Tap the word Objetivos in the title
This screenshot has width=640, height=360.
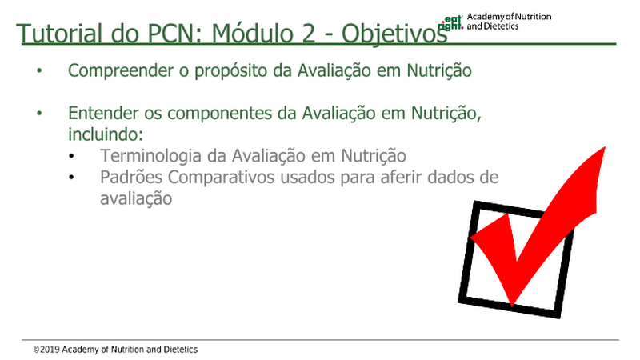click(394, 34)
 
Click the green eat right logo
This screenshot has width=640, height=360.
click(450, 23)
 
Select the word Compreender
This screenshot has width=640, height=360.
click(121, 70)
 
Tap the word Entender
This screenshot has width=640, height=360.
click(104, 113)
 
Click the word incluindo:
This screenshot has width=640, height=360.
click(106, 134)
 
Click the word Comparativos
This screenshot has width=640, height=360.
click(221, 178)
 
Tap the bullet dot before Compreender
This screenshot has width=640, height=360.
click(39, 70)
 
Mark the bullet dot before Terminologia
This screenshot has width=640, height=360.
click(71, 156)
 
